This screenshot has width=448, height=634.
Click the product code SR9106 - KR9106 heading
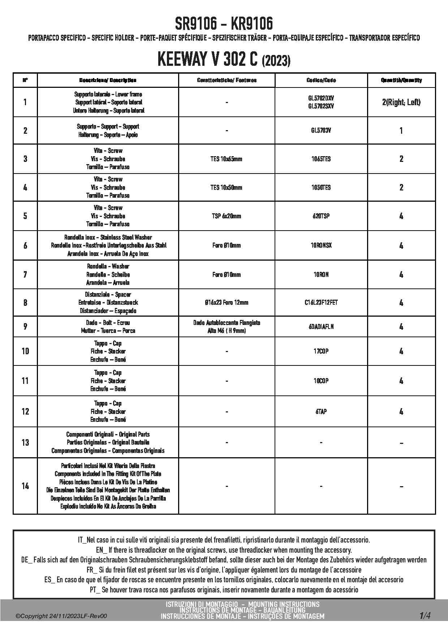[x=224, y=24]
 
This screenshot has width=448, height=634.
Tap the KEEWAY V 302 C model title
[x=224, y=60]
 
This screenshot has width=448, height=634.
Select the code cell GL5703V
[x=321, y=130]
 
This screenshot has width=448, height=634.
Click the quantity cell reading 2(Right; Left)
[x=401, y=102]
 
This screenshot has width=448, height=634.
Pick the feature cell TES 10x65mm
[x=226, y=159]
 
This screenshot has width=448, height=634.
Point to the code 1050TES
[x=321, y=187]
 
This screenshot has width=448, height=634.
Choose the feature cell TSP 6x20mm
[x=226, y=216]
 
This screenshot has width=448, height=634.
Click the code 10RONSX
[x=321, y=245]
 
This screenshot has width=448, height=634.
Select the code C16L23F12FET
[x=321, y=303]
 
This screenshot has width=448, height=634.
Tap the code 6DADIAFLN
[x=321, y=327]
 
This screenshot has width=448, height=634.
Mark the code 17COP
[x=321, y=351]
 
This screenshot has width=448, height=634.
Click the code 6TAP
[x=321, y=411]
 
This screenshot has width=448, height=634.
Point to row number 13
[x=25, y=442]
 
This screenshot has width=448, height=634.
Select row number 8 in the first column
[x=25, y=303]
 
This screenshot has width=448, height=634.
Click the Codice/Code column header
[x=321, y=80]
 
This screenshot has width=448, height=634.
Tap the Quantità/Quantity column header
[x=401, y=80]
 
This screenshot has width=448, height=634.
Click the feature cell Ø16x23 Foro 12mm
[x=226, y=303]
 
